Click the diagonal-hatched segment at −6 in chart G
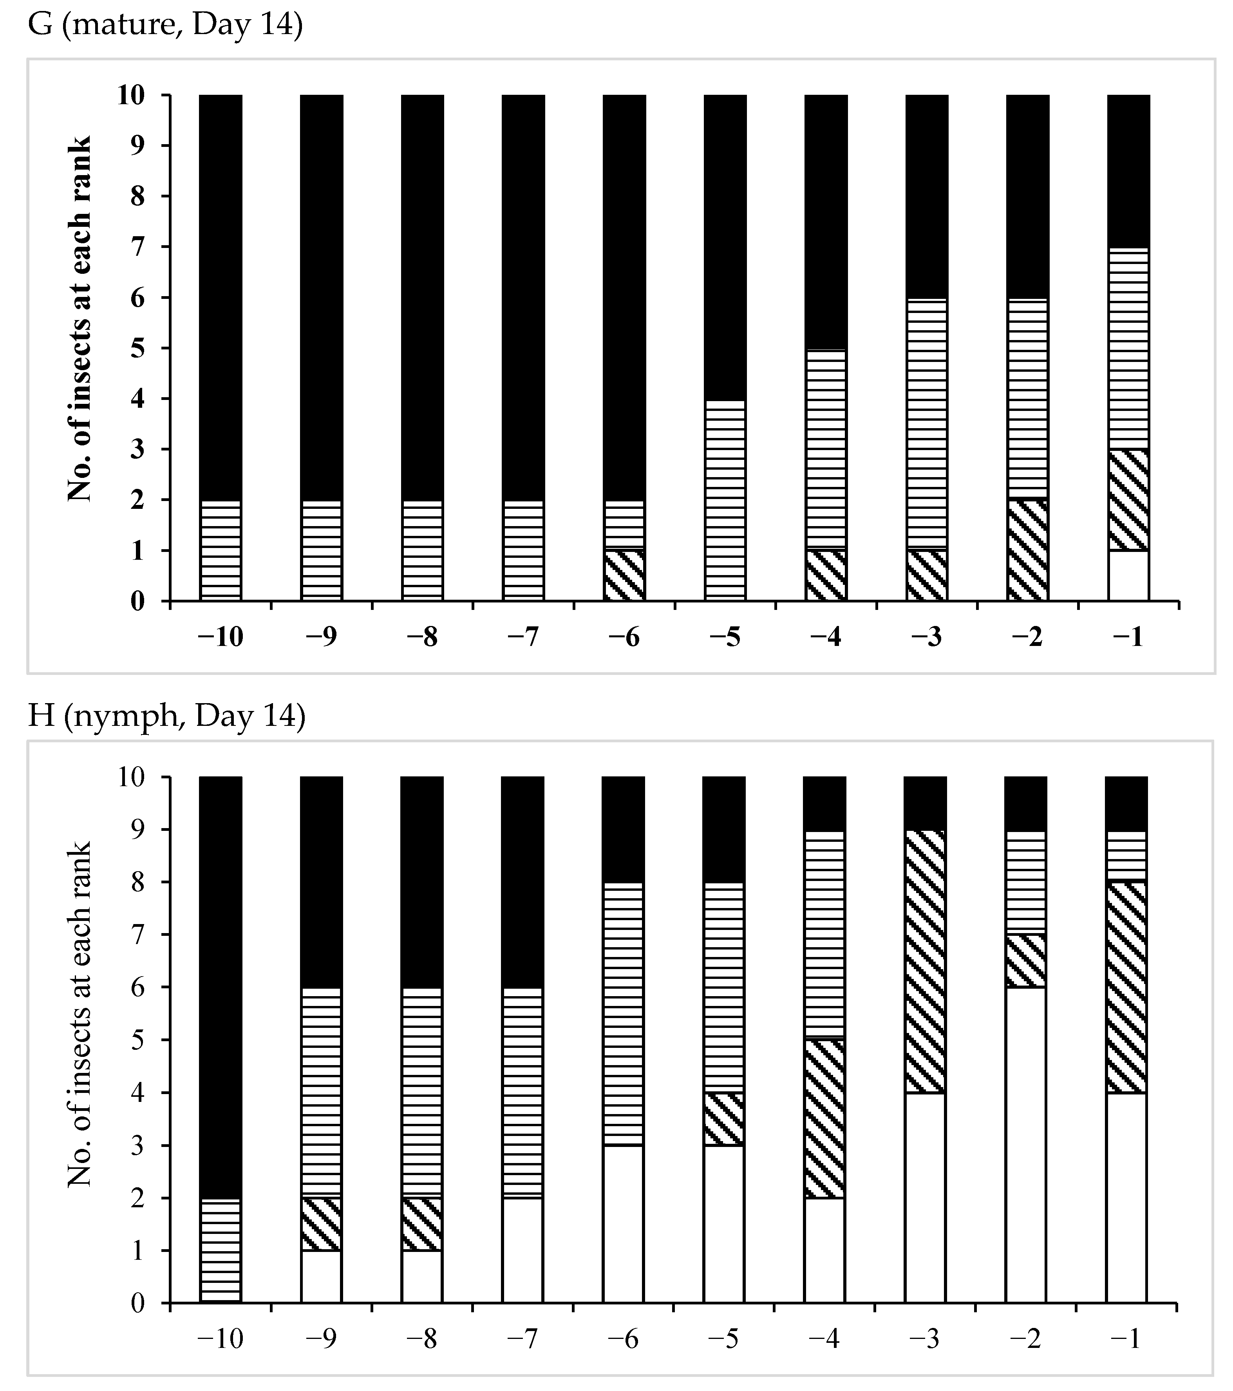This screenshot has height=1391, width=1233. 624,576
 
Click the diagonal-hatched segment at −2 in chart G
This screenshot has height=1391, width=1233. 1027,550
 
